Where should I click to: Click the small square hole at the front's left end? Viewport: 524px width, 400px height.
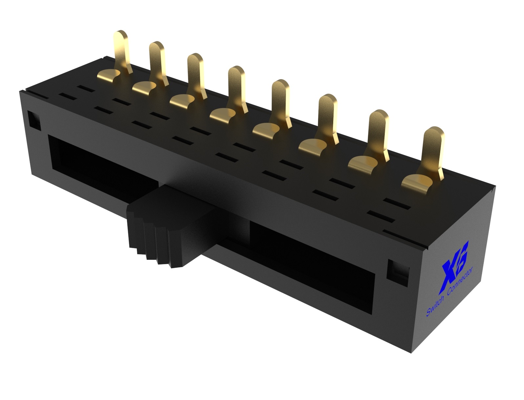click(x=33, y=120)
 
